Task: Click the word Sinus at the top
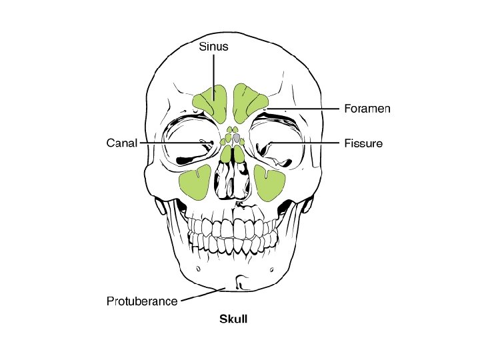[213, 47]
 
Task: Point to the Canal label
[122, 143]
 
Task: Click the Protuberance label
[142, 301]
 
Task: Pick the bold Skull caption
[233, 319]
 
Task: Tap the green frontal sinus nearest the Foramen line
[251, 103]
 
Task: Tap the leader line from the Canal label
[173, 143]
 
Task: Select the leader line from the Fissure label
[307, 143]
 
